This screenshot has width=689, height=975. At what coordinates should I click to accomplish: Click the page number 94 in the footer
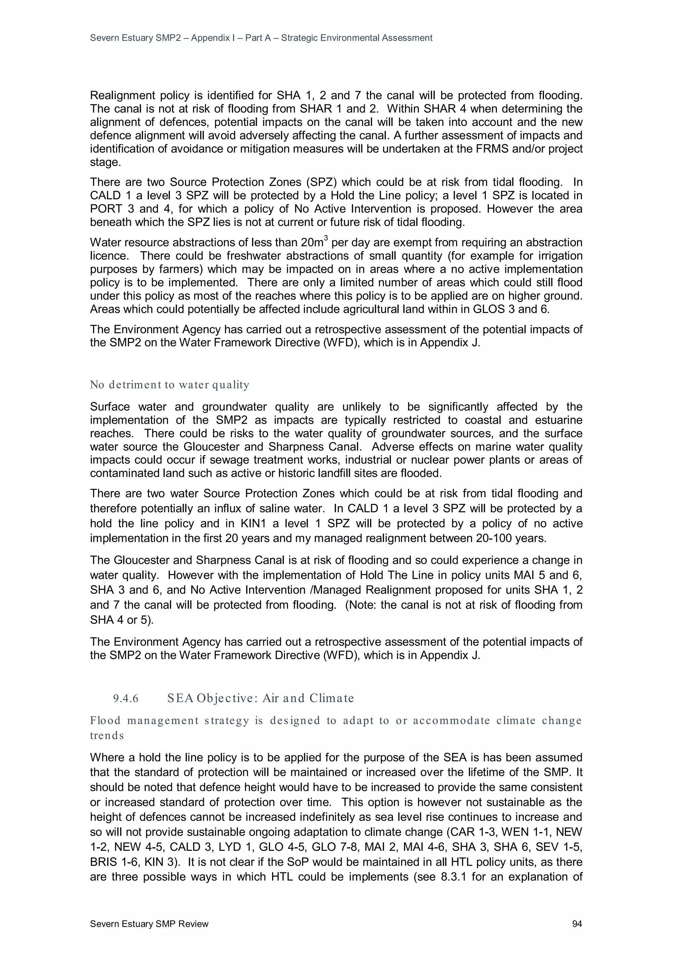point(577,924)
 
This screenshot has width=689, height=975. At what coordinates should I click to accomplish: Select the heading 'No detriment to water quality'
point(169,385)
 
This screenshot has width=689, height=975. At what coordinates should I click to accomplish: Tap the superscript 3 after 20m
point(326,239)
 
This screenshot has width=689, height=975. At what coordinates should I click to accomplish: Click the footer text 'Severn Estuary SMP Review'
point(149,924)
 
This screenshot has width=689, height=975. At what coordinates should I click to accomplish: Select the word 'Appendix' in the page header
point(211,38)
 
